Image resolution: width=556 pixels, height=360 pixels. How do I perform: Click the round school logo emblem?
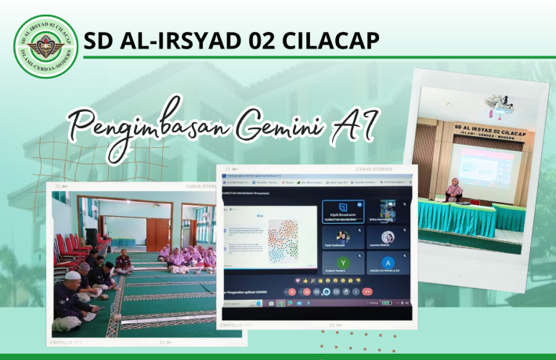pos(46,46)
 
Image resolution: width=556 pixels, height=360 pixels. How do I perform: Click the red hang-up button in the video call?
pos(367,291)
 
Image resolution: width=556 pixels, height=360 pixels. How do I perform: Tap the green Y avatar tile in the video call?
pos(342,263)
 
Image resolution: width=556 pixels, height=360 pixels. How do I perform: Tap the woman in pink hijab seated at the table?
pos(454,189)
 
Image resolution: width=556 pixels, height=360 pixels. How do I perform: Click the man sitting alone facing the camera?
pos(123,261)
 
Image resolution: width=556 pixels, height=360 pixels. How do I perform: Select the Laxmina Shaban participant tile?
pos(388,238)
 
